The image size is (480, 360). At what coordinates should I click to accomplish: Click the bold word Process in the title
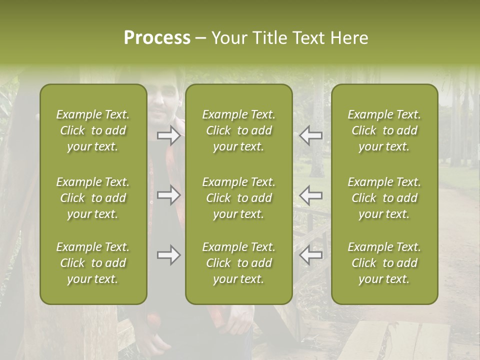157,38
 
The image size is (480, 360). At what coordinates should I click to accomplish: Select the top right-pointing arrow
168,135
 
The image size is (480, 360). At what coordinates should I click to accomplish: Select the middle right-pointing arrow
168,195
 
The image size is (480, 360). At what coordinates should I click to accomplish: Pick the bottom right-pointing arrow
168,255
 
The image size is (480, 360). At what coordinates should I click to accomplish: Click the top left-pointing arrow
311,135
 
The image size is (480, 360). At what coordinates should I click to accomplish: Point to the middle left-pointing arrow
311,195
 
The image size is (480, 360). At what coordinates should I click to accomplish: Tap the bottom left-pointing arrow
311,255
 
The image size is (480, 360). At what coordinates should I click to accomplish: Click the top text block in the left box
93,130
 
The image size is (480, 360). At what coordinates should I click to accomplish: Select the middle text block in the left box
93,198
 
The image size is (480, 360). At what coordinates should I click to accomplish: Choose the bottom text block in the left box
93,263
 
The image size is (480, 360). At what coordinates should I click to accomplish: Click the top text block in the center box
238,130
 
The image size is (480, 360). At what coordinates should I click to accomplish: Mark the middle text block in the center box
238,198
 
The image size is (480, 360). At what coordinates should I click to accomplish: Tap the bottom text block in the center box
238,263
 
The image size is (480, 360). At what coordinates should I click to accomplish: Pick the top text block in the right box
384,130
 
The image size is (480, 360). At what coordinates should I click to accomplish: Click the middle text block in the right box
384,198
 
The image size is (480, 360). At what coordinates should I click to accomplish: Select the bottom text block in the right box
384,263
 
